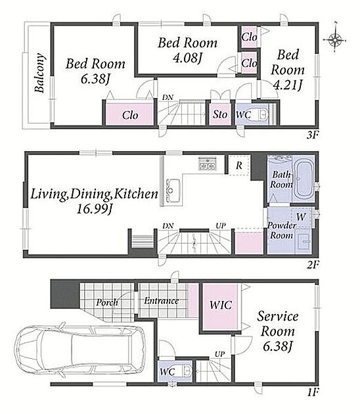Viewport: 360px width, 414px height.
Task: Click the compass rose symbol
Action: click(334, 40)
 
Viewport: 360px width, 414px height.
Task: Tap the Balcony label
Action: click(39, 73)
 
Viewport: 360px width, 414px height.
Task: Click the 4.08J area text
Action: click(187, 58)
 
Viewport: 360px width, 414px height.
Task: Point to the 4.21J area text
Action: click(288, 85)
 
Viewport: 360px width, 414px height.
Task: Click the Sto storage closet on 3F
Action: click(220, 114)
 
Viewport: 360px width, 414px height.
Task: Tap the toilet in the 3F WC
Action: click(263, 114)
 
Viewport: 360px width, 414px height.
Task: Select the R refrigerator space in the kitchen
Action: click(239, 166)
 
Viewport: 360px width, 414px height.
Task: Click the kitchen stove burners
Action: click(208, 164)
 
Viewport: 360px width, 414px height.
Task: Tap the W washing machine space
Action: click(301, 217)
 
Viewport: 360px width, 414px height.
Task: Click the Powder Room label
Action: click(281, 230)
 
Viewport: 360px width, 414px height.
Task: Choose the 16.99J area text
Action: click(95, 210)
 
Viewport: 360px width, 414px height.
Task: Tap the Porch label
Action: click(107, 302)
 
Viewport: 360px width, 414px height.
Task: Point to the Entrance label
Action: click(161, 301)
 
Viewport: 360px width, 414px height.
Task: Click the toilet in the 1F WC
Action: click(187, 371)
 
